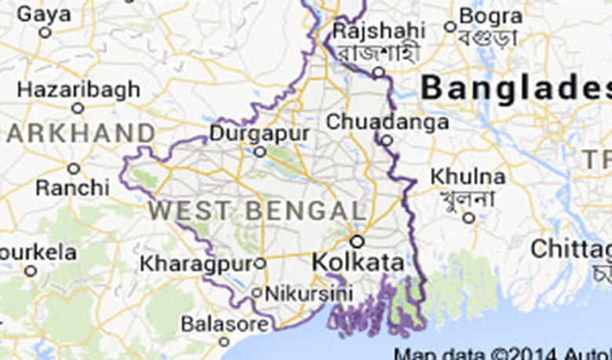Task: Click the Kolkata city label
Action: pyautogui.click(x=359, y=263)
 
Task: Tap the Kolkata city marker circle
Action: pyautogui.click(x=357, y=241)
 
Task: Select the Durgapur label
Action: pyautogui.click(x=259, y=133)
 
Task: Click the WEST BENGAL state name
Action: pyautogui.click(x=257, y=210)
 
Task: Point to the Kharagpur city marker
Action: pyautogui.click(x=260, y=264)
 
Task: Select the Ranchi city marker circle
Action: pyautogui.click(x=73, y=169)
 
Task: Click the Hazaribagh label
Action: pyautogui.click(x=78, y=90)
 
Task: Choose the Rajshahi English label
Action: pyautogui.click(x=379, y=32)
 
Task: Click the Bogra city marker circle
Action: pyautogui.click(x=450, y=27)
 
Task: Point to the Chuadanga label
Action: pyautogui.click(x=388, y=122)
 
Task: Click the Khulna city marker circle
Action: pyautogui.click(x=468, y=217)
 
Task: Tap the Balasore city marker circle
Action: pyautogui.click(x=224, y=341)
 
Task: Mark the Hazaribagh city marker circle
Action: pyautogui.click(x=77, y=108)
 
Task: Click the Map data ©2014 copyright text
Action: pyautogui.click(x=502, y=353)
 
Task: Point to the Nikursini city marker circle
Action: pyautogui.click(x=257, y=293)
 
